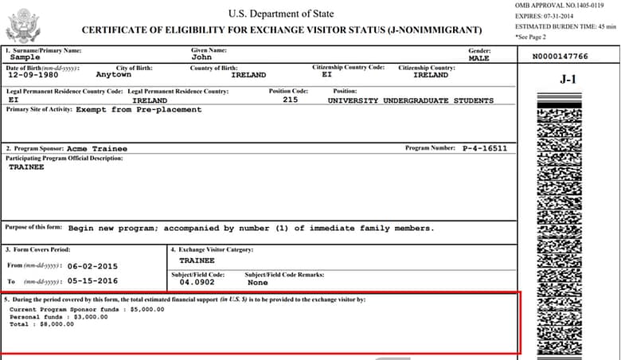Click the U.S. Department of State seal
(22, 25)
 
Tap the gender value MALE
(479, 58)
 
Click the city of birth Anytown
(114, 75)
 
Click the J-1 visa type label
(568, 80)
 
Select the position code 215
(290, 100)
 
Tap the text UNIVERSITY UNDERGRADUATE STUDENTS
(410, 100)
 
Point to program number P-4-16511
(484, 149)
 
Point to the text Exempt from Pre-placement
(139, 110)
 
